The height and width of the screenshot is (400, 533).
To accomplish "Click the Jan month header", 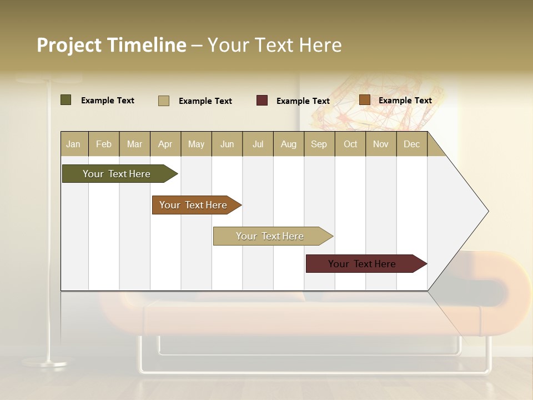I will (73, 144).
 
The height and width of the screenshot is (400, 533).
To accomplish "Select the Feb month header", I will (104, 144).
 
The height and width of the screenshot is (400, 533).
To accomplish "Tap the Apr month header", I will (165, 144).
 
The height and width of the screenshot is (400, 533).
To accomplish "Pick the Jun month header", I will (227, 144).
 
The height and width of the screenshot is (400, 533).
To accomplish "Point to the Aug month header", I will (288, 144).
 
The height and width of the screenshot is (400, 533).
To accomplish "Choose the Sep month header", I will (319, 144).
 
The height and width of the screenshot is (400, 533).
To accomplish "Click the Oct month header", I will (350, 144).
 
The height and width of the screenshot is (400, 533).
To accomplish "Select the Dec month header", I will (411, 144).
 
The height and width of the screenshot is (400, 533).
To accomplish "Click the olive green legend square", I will (66, 100).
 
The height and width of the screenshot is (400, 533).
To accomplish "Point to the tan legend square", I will (163, 101).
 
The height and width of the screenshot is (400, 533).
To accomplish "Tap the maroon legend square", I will (262, 101).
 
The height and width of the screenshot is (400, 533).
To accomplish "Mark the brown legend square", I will (364, 100).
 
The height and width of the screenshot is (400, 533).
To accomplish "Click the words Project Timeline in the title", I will (111, 45).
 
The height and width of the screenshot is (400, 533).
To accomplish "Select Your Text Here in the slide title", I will (274, 45).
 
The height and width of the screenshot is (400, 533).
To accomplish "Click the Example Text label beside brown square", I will (405, 101).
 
